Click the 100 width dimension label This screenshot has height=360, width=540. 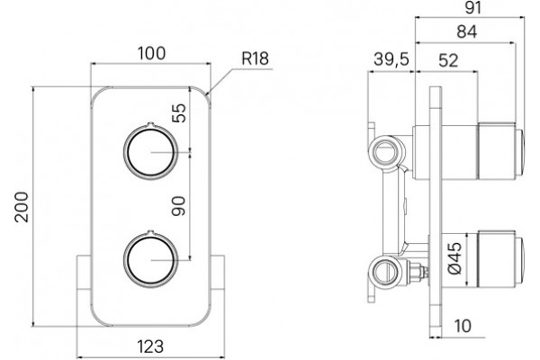point(151,53)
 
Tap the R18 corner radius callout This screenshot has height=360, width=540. point(255,58)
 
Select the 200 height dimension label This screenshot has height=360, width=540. point(22,207)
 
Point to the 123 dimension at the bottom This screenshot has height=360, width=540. point(150,346)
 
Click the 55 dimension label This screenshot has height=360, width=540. point(179,113)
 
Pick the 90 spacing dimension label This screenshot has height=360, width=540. point(178,206)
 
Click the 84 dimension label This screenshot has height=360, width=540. point(467,31)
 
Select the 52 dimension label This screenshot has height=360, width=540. point(448,60)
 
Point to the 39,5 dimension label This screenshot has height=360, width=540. point(391,58)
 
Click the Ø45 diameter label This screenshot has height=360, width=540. point(454,258)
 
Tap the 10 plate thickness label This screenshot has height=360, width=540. point(463,326)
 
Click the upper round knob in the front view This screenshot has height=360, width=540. point(151,151)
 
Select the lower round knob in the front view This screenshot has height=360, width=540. point(151,259)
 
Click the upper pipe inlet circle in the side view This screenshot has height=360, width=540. point(385,152)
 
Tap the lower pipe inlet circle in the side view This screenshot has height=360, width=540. point(385,269)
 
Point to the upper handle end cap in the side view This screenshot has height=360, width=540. point(519,151)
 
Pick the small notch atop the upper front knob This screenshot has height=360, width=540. point(149,124)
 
